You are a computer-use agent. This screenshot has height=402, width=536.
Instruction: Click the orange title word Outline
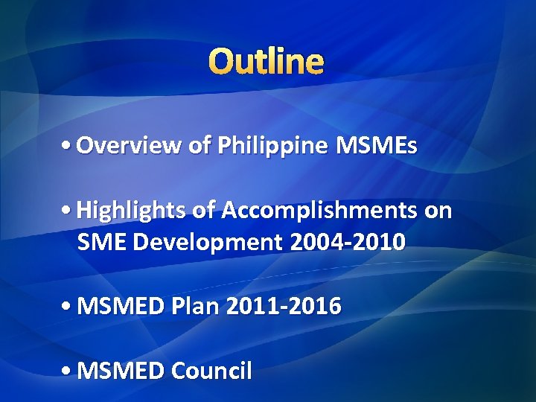click(267, 62)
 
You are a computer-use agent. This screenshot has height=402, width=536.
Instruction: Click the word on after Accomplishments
click(438, 211)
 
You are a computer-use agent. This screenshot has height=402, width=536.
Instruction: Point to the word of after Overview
click(199, 146)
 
